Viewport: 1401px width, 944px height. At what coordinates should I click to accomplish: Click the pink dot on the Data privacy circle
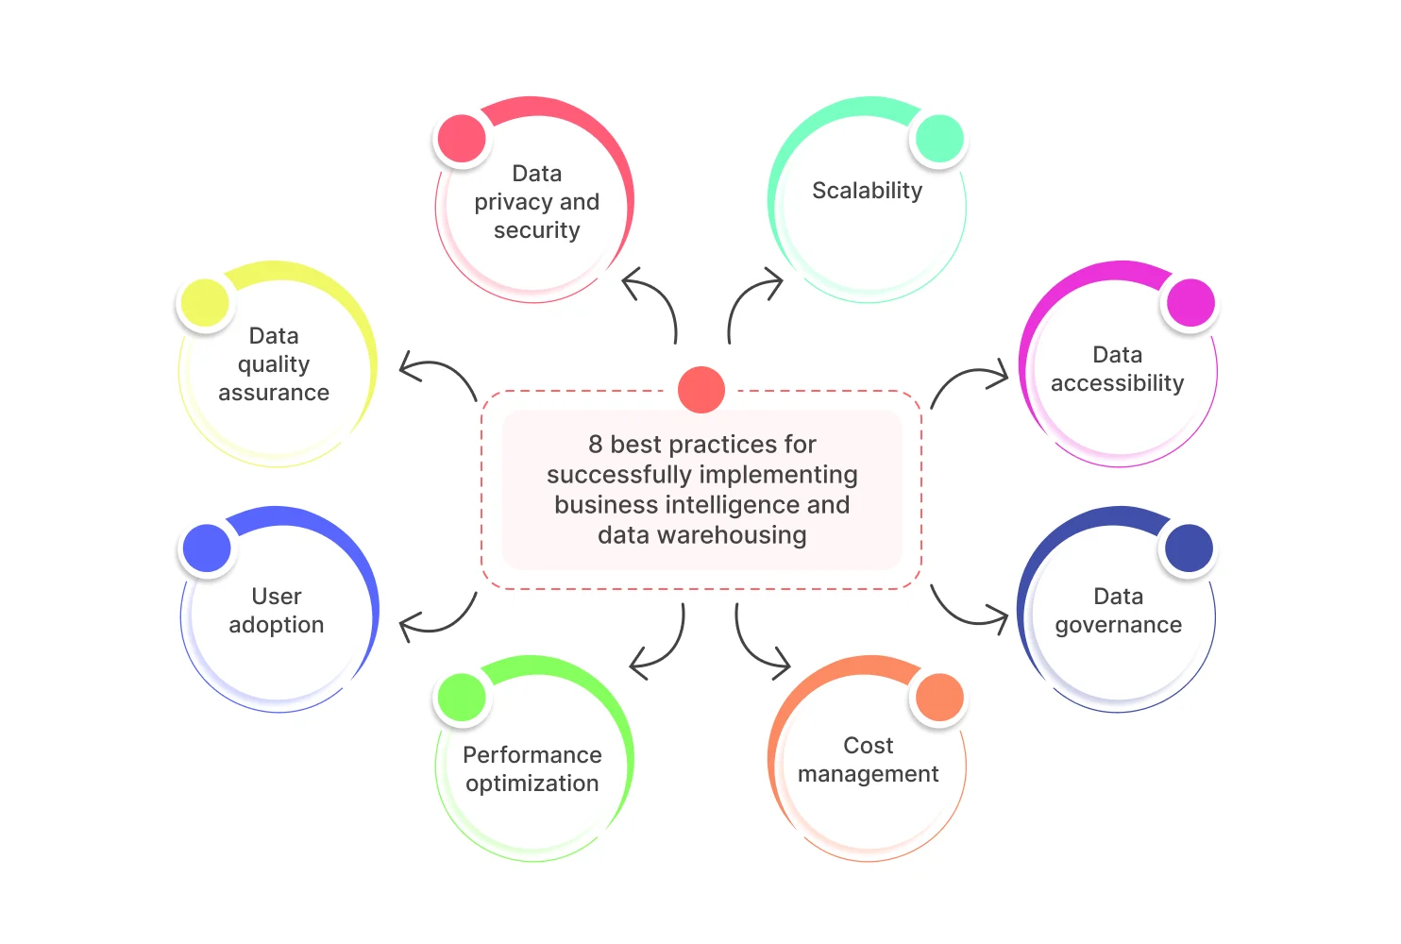(462, 139)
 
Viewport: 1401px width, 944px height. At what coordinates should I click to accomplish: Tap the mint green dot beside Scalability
(939, 139)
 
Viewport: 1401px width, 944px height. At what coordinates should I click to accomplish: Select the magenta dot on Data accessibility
(1190, 303)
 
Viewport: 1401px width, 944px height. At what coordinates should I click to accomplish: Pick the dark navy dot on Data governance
(1189, 548)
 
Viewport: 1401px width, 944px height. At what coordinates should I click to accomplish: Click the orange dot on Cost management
(939, 698)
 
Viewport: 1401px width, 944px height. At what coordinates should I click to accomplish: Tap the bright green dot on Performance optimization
(462, 698)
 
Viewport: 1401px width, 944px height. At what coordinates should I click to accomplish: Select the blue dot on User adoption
(207, 548)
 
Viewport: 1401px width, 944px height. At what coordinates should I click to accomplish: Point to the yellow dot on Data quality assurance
(205, 303)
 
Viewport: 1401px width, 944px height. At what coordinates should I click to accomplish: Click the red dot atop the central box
(701, 390)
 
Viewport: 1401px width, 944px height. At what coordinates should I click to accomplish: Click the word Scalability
(867, 191)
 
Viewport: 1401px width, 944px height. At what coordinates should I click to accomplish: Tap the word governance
(1118, 625)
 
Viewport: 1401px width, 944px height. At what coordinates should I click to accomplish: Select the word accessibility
(1117, 383)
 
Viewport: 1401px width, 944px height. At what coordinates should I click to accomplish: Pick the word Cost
(868, 746)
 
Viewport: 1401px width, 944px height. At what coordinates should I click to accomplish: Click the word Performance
(532, 755)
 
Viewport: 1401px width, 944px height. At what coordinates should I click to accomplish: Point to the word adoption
(276, 625)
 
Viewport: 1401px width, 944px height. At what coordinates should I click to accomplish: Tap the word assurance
(274, 393)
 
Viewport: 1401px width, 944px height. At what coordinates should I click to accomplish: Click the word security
(536, 230)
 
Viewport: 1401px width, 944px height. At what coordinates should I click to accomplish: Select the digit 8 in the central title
(595, 445)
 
